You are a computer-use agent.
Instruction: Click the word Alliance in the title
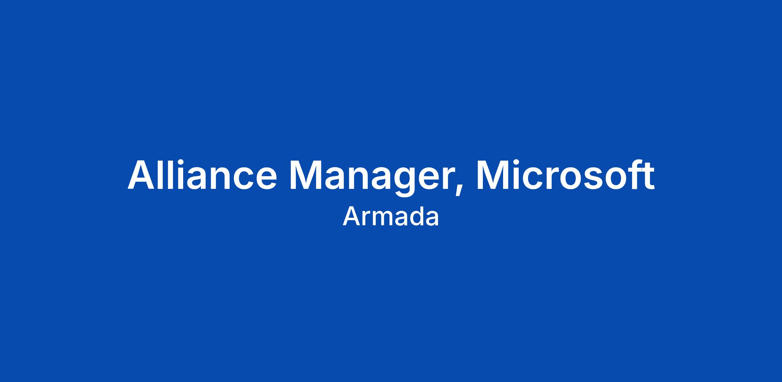202,174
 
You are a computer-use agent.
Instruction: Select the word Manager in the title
371,178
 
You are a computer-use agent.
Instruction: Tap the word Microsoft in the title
565,174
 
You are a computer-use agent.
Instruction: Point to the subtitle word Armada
391,217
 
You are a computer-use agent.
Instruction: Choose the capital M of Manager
307,175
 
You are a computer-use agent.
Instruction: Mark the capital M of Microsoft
494,175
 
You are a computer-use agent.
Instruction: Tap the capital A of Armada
351,217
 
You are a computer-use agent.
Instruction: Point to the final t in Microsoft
647,176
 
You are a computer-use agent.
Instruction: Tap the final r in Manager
447,178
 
